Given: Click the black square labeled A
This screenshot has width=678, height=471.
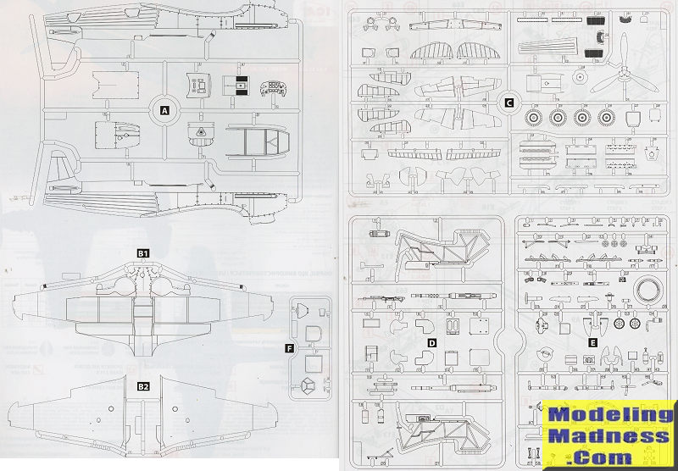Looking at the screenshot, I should [x=164, y=109].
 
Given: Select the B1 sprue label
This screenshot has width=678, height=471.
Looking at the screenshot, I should [x=143, y=252].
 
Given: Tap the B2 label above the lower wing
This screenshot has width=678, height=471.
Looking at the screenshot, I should [x=143, y=386].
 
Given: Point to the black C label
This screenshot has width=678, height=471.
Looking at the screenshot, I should [x=508, y=103].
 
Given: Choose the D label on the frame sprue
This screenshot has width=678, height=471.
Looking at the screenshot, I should [x=431, y=342].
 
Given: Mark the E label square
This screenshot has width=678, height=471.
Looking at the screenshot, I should [x=592, y=342].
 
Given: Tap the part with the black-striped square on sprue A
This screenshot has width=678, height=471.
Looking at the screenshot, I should [x=239, y=85].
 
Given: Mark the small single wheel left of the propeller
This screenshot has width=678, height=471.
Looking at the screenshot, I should [x=580, y=78].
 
